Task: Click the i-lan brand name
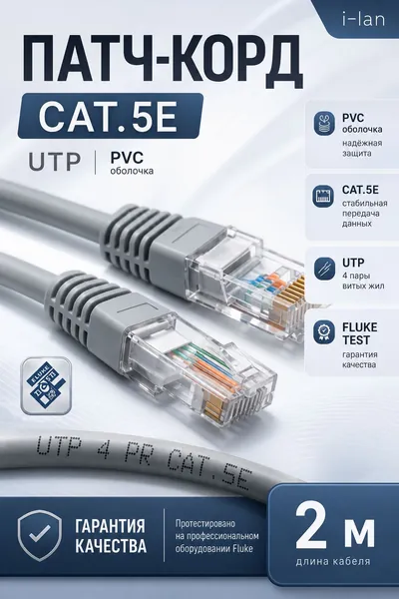pos(363,19)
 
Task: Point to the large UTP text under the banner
pos(55,162)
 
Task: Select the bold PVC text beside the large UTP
pos(127,158)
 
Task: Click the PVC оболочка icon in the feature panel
pos(324,124)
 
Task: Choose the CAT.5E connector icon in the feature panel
pos(323,196)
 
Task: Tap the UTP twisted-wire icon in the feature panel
pos(324,269)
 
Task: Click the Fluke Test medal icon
pos(324,332)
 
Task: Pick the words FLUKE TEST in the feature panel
pos(359,333)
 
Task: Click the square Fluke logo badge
pos(46,385)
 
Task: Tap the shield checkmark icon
pos(40,535)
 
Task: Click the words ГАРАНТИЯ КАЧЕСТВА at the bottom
pos(111,535)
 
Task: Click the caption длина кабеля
pos(332,561)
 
